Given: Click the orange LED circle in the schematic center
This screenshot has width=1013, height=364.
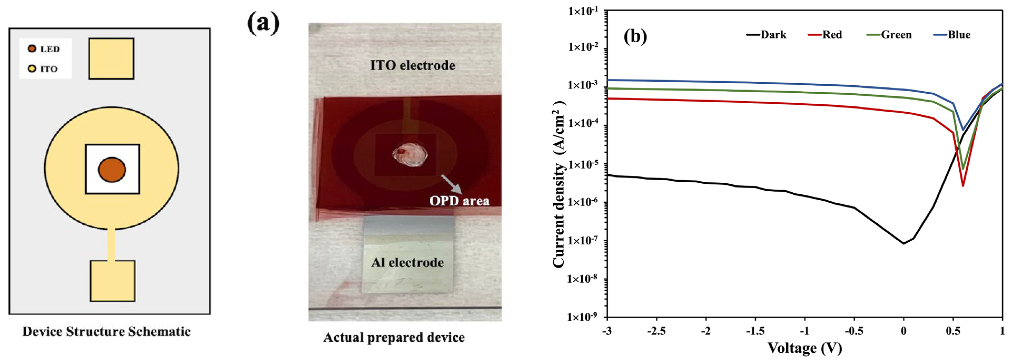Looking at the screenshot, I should [x=112, y=170].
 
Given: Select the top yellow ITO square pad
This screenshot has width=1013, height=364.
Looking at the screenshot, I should [x=111, y=58].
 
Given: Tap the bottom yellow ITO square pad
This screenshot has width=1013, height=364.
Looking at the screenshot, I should [x=112, y=281].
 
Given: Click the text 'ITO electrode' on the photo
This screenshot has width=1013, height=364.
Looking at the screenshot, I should [x=413, y=65].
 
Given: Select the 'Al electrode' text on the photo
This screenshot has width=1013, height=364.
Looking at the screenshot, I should [x=407, y=263].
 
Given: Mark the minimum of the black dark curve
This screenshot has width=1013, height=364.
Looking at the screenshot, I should [x=903, y=243].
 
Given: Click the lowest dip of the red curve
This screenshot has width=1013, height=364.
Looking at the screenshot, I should [x=963, y=185].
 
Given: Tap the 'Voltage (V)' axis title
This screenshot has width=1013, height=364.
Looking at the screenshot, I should [x=805, y=348].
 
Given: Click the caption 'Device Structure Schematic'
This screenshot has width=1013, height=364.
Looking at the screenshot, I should [x=107, y=331].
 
